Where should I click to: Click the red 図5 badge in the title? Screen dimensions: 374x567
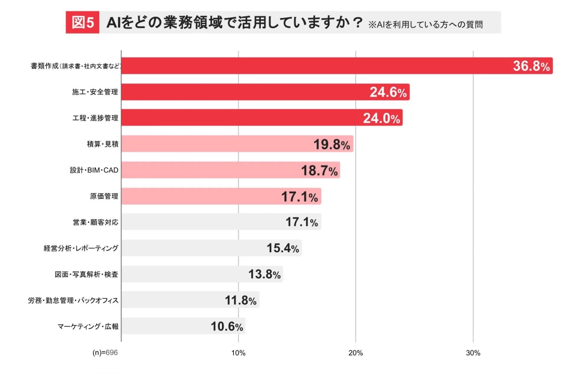pos(82,23)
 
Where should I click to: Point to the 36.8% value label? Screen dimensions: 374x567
pos(532,67)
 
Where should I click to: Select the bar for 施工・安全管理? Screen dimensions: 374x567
pos(265,92)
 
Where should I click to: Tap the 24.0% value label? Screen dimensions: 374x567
pos(382,119)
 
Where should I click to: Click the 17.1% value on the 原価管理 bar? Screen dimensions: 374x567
pos(300,197)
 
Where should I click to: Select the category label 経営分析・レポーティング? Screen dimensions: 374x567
pos(81,248)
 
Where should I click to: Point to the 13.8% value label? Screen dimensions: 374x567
pos(265,274)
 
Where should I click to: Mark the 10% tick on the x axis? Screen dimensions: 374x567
pos(238,353)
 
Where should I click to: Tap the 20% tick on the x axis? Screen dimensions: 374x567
pos(355,353)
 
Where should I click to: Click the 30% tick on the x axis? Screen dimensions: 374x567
pos(473,353)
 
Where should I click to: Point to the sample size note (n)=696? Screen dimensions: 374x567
pos(105,353)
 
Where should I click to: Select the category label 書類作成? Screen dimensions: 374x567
pos(76,66)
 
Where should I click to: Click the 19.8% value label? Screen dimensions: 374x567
pos(332,145)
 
